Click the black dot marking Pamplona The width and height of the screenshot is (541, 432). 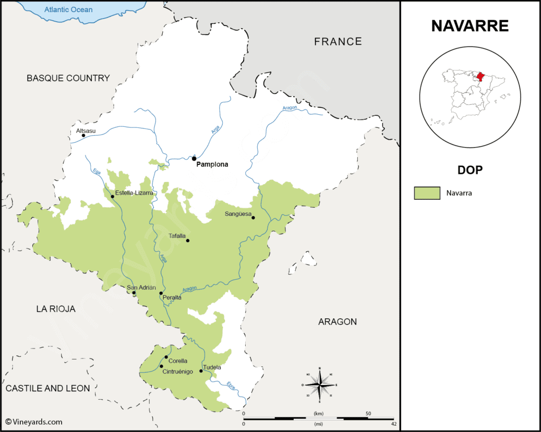pyautogui.click(x=194, y=158)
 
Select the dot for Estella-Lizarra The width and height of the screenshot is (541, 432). pyautogui.click(x=112, y=197)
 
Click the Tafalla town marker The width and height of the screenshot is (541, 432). pyautogui.click(x=188, y=241)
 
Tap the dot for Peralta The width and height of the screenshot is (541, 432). pyautogui.click(x=161, y=293)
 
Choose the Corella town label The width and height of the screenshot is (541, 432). pyautogui.click(x=178, y=361)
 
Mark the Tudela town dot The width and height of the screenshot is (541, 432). pyautogui.click(x=201, y=371)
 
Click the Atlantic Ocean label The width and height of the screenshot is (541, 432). pyautogui.click(x=69, y=10)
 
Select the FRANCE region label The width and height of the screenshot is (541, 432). pyautogui.click(x=338, y=41)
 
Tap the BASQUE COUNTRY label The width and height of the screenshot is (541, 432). pyautogui.click(x=68, y=78)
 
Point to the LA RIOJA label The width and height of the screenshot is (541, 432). pyautogui.click(x=55, y=309)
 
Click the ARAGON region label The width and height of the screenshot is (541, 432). pyautogui.click(x=338, y=321)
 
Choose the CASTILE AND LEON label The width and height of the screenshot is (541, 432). pyautogui.click(x=48, y=388)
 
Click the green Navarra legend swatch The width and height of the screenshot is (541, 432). pyautogui.click(x=427, y=193)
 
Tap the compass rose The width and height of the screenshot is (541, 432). pyautogui.click(x=319, y=384)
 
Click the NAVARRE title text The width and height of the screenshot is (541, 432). pyautogui.click(x=470, y=26)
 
